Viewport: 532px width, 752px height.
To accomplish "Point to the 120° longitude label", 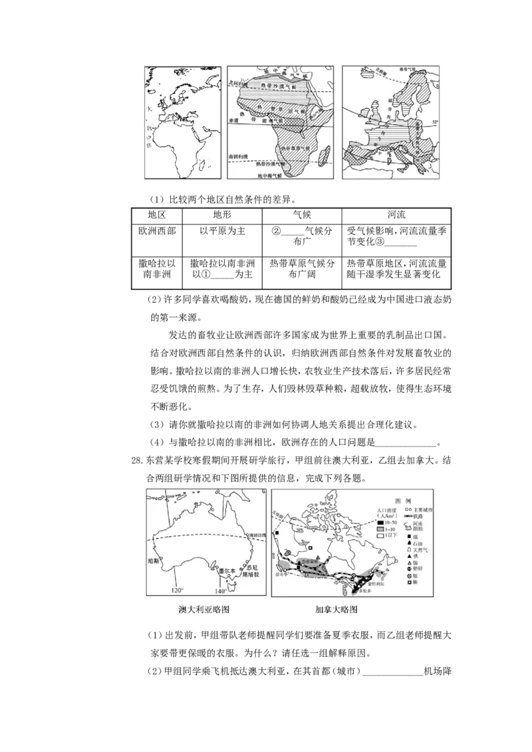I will coord(176,591).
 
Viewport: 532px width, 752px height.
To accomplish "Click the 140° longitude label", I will coord(219,591).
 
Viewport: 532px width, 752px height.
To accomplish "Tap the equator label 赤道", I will coord(233,122).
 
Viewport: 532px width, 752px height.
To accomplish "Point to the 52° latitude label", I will coord(436,122).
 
